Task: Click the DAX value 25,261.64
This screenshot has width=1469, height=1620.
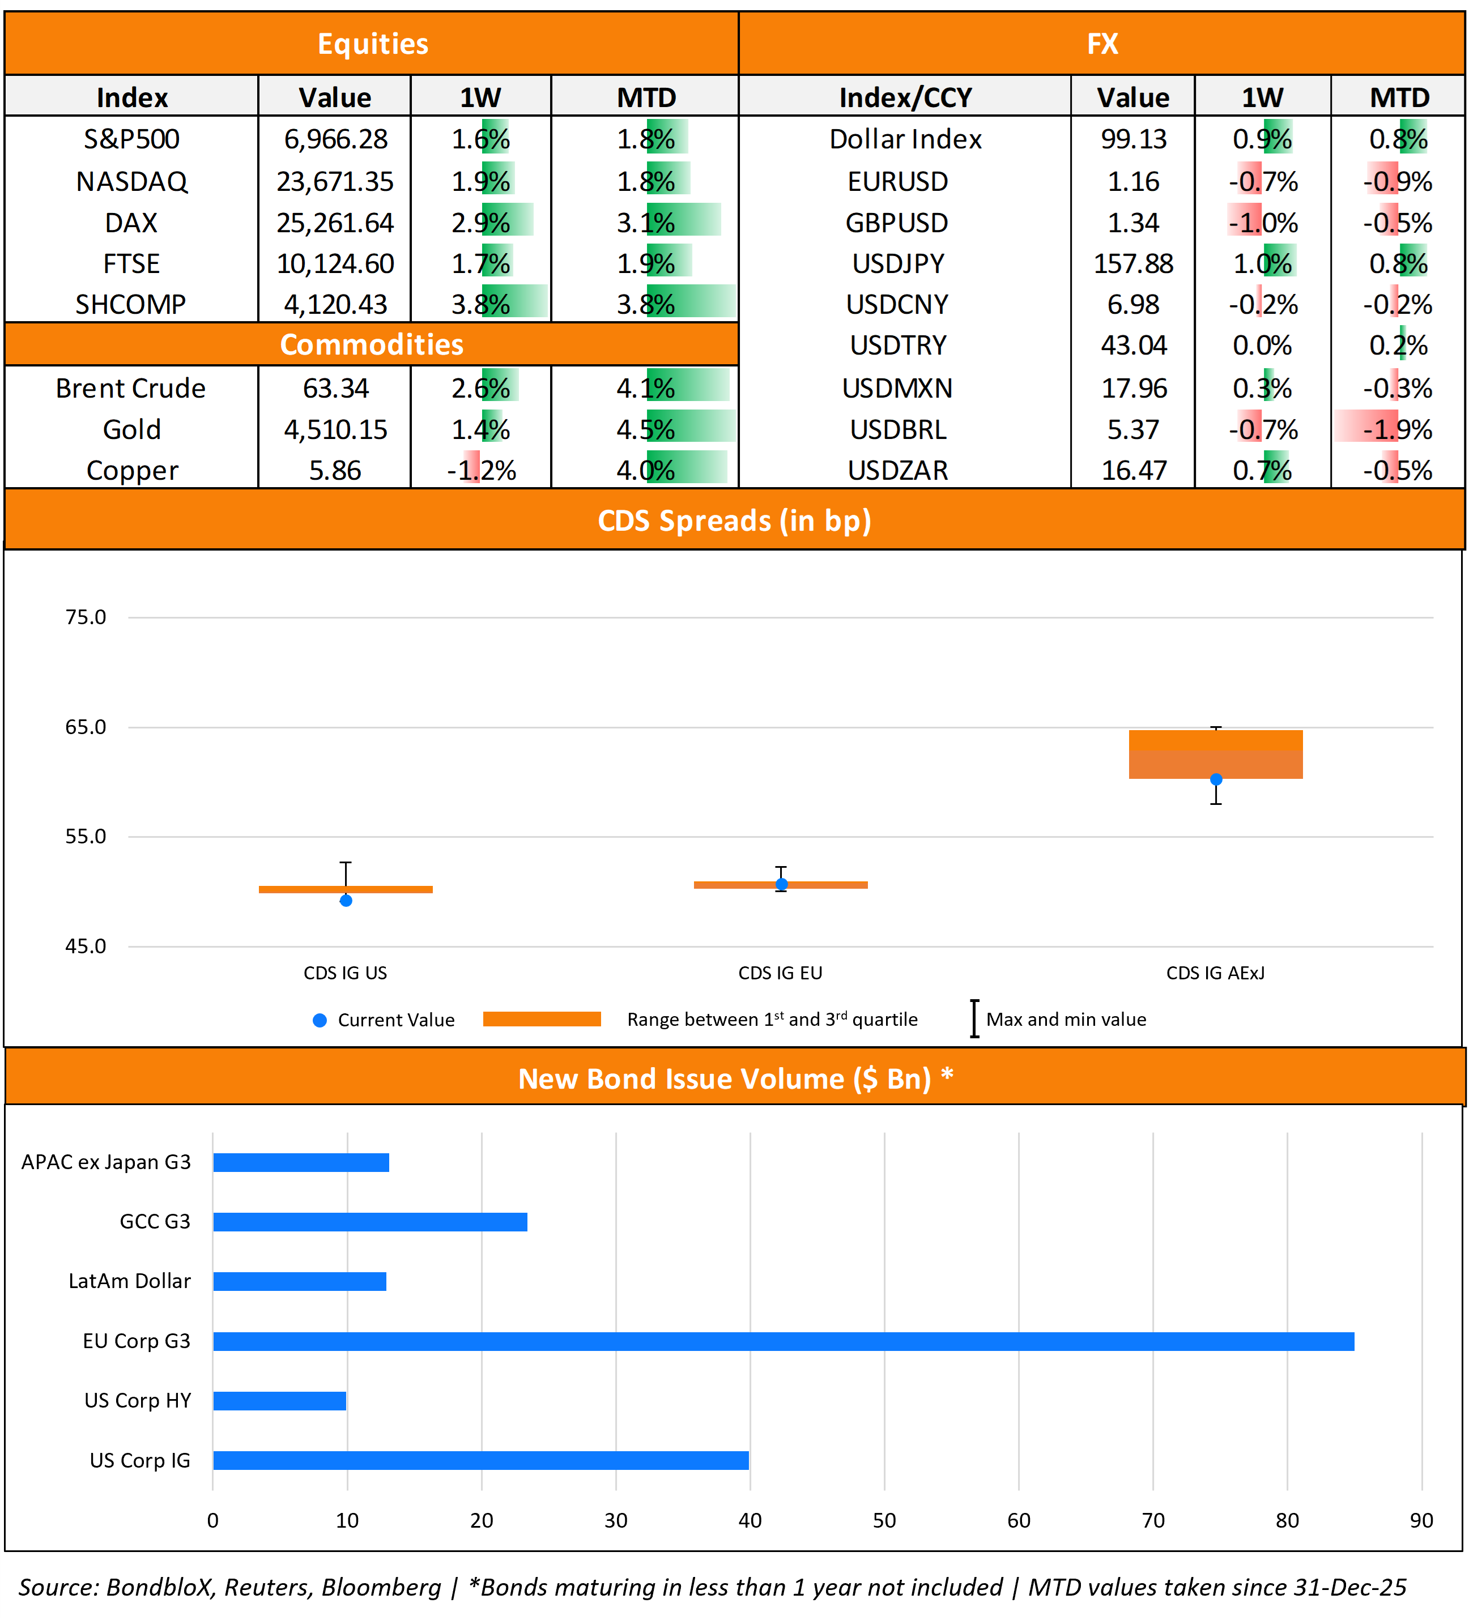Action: click(x=335, y=223)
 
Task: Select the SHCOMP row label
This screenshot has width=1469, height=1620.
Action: click(x=131, y=305)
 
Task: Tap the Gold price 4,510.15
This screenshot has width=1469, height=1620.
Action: click(x=335, y=429)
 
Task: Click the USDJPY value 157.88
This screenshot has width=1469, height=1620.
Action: click(x=1133, y=263)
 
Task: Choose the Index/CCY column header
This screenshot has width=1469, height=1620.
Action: click(x=905, y=98)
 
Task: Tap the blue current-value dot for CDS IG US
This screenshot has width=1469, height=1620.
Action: click(x=346, y=901)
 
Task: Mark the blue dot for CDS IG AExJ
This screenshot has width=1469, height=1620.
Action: click(x=1216, y=779)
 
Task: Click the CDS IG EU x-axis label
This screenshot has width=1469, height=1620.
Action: click(x=780, y=973)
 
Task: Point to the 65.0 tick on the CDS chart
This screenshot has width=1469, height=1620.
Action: click(x=85, y=727)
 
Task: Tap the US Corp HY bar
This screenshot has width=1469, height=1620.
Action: click(x=280, y=1401)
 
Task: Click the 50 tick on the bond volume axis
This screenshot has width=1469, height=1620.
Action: click(x=884, y=1520)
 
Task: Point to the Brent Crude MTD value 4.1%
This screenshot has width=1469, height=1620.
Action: click(x=645, y=388)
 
